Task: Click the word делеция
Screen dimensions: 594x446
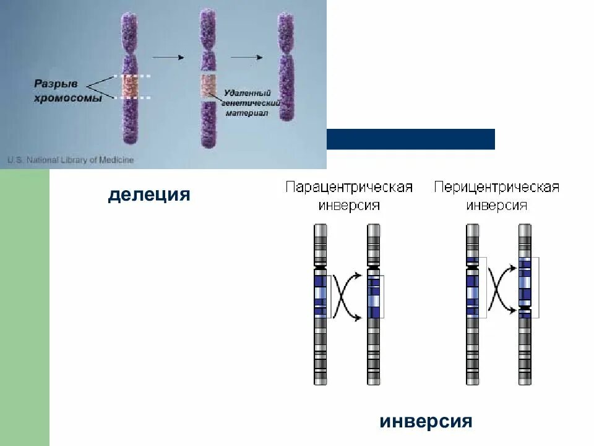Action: tap(149, 195)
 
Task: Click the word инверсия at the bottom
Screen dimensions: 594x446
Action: tap(426, 422)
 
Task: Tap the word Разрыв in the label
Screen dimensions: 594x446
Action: tap(56, 82)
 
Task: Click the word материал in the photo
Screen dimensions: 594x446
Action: tap(247, 113)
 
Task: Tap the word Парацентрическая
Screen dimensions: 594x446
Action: tap(349, 188)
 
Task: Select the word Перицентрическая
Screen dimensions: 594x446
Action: tap(497, 188)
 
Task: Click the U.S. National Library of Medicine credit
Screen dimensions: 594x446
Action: tap(71, 160)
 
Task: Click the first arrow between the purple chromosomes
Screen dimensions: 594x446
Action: tap(168, 57)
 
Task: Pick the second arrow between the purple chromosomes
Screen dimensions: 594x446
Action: tap(247, 57)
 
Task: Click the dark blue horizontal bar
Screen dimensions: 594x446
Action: tap(411, 139)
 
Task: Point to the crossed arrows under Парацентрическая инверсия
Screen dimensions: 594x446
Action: tap(346, 297)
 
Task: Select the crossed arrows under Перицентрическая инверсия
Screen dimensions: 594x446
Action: tap(501, 289)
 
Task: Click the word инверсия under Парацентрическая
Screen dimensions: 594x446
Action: tap(349, 206)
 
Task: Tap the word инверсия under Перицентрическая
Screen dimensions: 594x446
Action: tap(497, 206)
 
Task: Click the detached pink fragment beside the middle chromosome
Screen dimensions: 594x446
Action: tap(208, 86)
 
